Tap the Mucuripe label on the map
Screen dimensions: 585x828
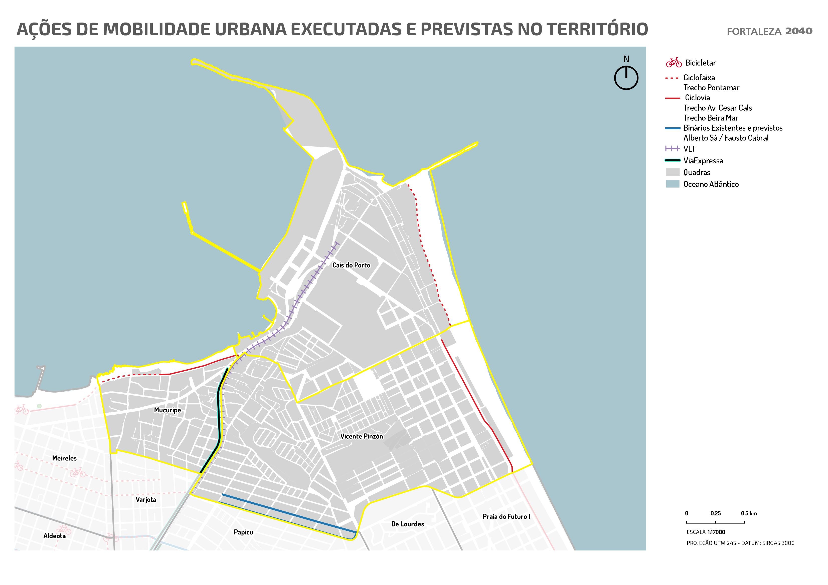tap(167, 410)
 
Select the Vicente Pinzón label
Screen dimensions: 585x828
tap(361, 436)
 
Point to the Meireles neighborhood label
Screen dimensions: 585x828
tap(64, 458)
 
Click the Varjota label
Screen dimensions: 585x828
tap(146, 500)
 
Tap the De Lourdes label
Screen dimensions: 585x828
tap(408, 524)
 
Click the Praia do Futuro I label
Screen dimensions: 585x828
tap(506, 516)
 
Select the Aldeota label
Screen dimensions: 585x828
tap(54, 536)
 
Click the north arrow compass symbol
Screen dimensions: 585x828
tap(626, 78)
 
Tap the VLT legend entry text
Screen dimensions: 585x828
tap(689, 149)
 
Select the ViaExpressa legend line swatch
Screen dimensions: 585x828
tap(673, 160)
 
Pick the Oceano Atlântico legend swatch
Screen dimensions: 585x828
tap(673, 184)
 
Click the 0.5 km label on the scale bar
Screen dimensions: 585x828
tap(749, 513)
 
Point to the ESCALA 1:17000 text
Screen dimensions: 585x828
tap(706, 532)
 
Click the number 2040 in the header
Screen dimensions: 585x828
tap(799, 31)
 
